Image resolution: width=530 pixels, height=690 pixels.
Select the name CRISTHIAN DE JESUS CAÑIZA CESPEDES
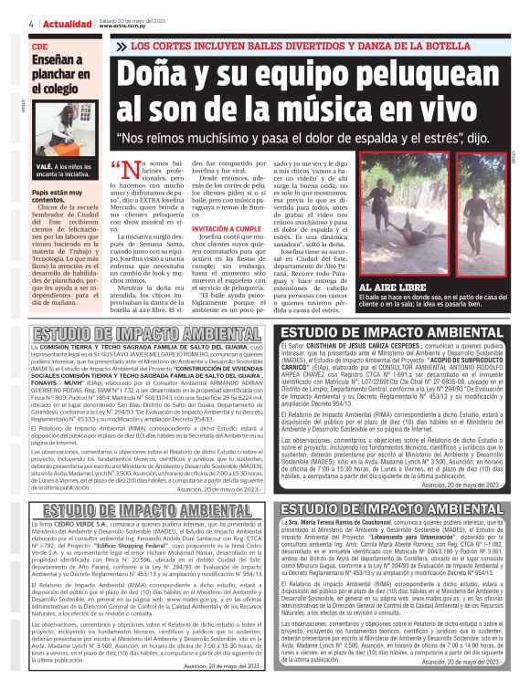pos(371,346)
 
